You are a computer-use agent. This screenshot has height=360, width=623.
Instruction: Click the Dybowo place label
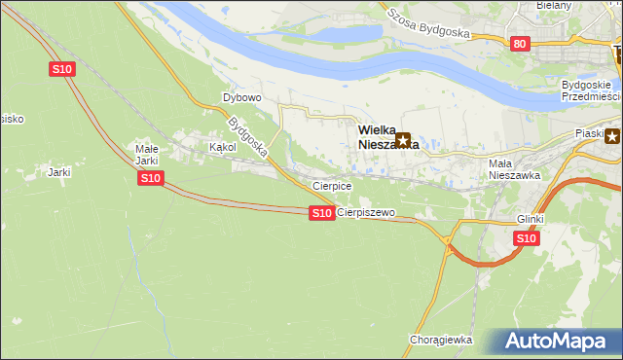click(x=242, y=98)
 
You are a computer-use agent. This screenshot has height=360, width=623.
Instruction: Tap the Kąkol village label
click(x=223, y=147)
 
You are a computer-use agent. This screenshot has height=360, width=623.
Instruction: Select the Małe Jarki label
click(x=146, y=155)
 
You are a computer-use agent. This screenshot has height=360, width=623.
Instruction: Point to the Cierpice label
click(x=331, y=185)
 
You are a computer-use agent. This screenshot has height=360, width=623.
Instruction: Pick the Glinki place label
click(x=531, y=220)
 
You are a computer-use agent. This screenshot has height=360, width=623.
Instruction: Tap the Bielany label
click(x=554, y=5)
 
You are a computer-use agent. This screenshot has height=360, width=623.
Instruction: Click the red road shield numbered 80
click(x=519, y=44)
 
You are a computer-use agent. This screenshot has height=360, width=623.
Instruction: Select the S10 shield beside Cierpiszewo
click(x=322, y=213)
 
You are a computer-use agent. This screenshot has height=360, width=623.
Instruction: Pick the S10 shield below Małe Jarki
click(x=149, y=178)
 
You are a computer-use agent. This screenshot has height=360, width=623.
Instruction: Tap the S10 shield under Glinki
click(x=526, y=238)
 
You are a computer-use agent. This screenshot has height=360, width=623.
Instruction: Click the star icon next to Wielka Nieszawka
click(x=403, y=141)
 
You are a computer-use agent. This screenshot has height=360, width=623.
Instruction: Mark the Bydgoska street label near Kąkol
click(x=247, y=137)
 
